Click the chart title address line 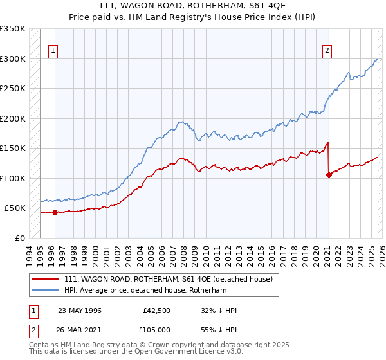tap(192, 6)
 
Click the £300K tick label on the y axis tap(13, 59)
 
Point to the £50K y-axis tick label tap(15, 208)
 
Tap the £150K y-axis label tap(13, 148)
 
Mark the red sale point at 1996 tap(55, 212)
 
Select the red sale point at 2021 tap(329, 174)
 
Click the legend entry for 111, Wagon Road tap(169, 279)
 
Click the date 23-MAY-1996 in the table tap(80, 310)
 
